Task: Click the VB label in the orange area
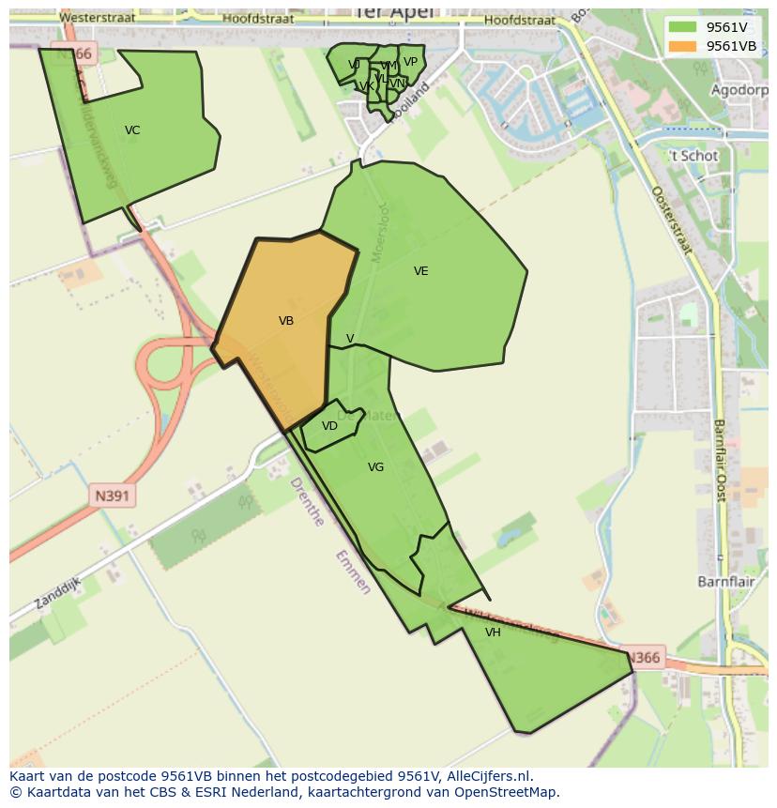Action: click(x=286, y=321)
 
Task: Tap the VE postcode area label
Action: click(x=420, y=271)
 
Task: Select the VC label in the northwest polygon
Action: click(x=132, y=130)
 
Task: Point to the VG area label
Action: click(x=375, y=467)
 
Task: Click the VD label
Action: click(x=329, y=426)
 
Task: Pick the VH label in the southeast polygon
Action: click(x=493, y=633)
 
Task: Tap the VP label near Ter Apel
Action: click(x=410, y=63)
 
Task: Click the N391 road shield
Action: click(x=113, y=495)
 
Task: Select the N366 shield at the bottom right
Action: click(x=644, y=658)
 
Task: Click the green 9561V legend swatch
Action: click(x=683, y=27)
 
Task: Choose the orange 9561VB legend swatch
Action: click(x=683, y=46)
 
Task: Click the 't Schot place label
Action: click(x=693, y=156)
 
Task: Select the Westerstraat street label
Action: click(x=97, y=18)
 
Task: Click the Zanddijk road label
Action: click(x=57, y=593)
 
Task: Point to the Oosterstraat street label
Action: click(x=672, y=220)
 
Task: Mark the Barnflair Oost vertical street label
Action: click(x=721, y=460)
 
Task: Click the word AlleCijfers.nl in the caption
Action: click(x=489, y=776)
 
